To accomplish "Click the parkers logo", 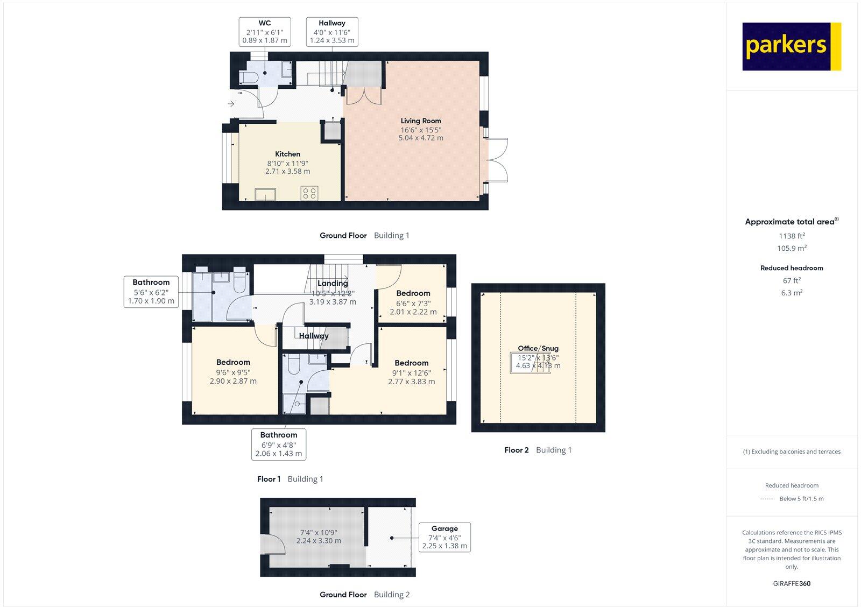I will click(791, 46).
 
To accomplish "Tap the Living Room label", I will click(421, 121).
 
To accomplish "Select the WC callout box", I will click(265, 32).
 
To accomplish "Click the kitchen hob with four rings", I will click(309, 193).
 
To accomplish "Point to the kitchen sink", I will click(265, 194).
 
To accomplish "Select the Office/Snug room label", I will click(538, 348).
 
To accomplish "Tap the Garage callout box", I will click(444, 537).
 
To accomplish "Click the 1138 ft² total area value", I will click(792, 236).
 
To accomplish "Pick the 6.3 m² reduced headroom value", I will click(792, 293).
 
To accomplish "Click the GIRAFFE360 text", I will click(792, 583).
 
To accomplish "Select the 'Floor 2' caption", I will click(517, 450).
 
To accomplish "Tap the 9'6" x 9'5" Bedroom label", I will click(233, 371).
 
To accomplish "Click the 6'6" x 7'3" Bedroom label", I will click(413, 302).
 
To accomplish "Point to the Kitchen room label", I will click(288, 154).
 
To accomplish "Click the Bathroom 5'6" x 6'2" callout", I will click(151, 292).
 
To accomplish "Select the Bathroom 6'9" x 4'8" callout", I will click(279, 444).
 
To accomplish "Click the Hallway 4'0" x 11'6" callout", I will click(332, 32).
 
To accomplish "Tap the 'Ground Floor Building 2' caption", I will click(364, 595).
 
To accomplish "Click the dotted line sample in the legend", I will click(767, 499).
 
